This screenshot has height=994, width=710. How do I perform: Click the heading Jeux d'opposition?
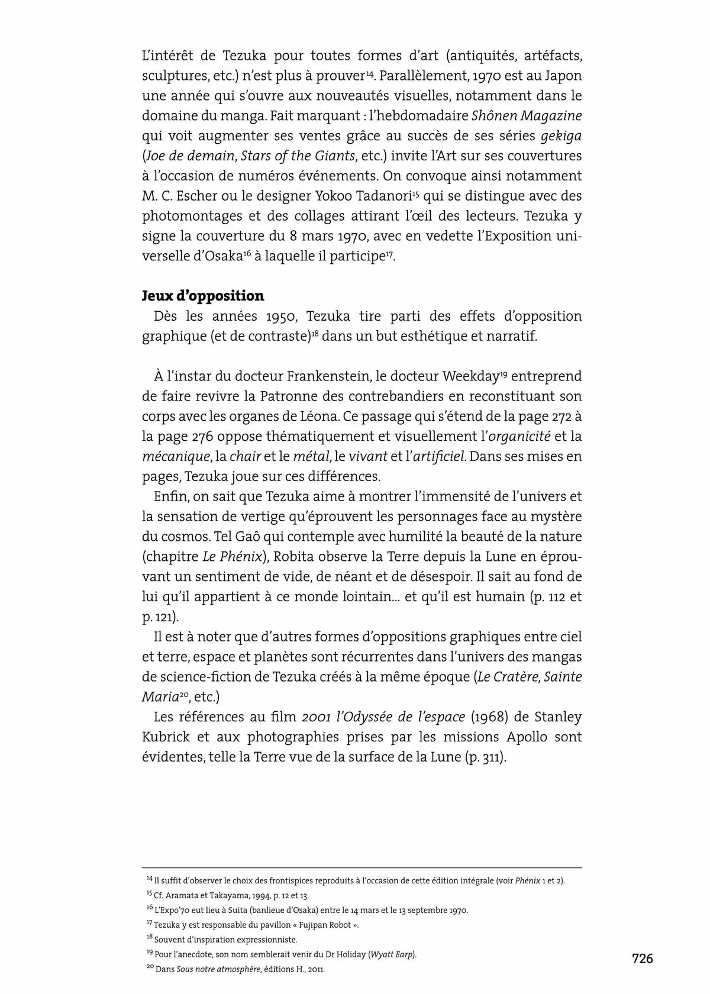tap(203, 296)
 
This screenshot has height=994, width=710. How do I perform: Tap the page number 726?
tap(642, 958)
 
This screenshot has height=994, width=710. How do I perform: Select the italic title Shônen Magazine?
tap(526, 116)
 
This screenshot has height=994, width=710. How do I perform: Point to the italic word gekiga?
tap(561, 136)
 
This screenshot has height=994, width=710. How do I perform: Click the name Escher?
tap(198, 196)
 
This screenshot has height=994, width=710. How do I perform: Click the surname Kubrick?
tap(167, 737)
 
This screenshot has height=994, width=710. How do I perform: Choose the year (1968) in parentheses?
tap(488, 717)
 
